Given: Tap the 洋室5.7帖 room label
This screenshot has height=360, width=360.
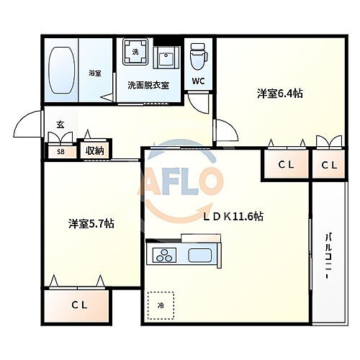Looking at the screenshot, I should [91, 224].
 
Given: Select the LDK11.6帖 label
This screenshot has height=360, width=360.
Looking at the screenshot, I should [232, 216].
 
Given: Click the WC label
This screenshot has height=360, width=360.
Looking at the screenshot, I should [197, 81].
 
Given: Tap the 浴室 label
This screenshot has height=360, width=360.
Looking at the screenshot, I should [94, 73].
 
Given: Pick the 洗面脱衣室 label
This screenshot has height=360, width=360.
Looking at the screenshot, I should [148, 85].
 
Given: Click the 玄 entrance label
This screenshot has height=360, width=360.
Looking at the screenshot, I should [60, 125].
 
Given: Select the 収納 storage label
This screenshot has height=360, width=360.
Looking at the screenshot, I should [95, 151].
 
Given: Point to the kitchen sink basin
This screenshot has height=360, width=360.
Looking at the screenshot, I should [199, 254].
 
